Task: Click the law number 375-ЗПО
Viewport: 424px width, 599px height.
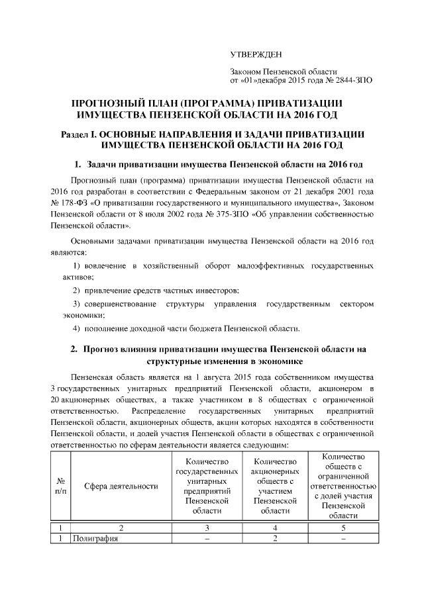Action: (x=225, y=214)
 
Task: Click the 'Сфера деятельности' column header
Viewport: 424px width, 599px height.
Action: (x=121, y=486)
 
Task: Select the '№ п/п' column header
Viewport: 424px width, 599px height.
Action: (x=60, y=486)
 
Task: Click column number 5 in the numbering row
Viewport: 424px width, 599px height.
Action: (x=343, y=528)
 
